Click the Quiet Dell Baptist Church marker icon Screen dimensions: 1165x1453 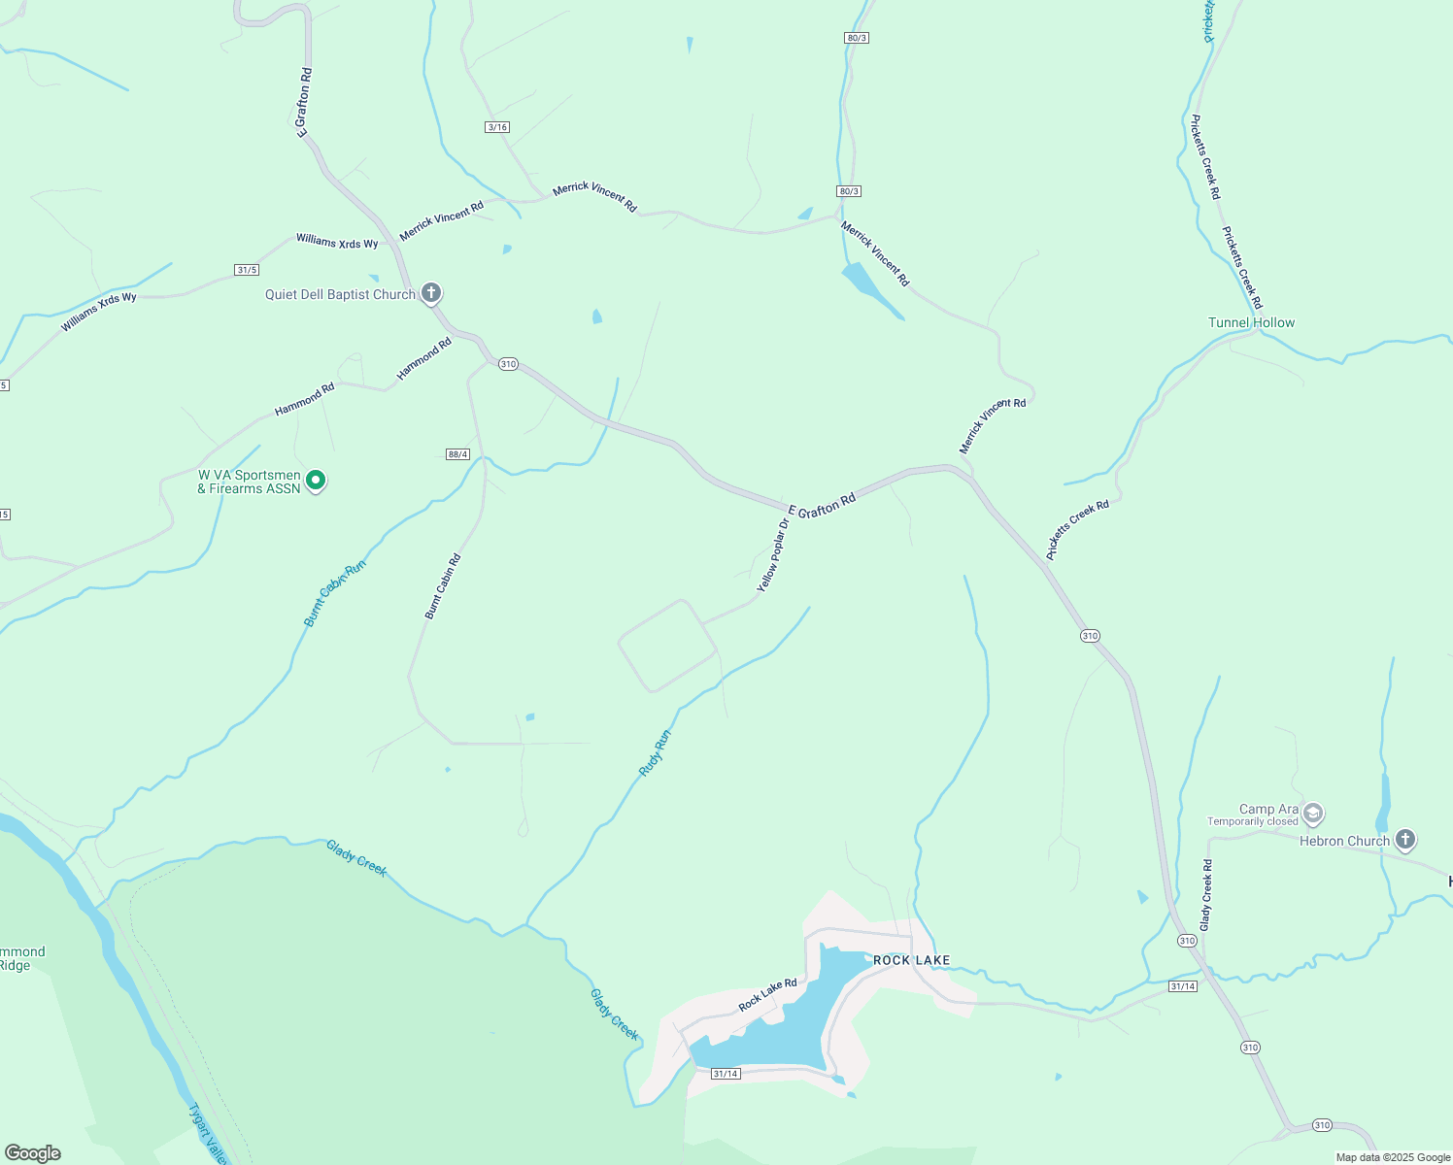click(x=431, y=292)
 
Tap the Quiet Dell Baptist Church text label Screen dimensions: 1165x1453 click(x=340, y=294)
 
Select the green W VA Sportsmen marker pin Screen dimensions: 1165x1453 click(x=315, y=480)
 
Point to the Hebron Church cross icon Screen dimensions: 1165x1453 click(x=1404, y=839)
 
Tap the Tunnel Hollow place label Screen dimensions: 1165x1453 click(x=1251, y=322)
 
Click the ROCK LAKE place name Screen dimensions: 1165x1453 click(x=911, y=960)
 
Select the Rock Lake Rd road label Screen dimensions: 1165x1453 click(x=767, y=995)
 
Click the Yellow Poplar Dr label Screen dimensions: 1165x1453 click(x=773, y=555)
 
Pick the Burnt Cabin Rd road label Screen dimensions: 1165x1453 click(x=443, y=586)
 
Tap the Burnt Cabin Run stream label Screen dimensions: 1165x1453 click(x=335, y=592)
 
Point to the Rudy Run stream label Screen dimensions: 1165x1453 click(x=655, y=752)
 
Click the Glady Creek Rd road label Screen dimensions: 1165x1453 click(x=1206, y=895)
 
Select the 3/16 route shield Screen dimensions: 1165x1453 click(x=497, y=127)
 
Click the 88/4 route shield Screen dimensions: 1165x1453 click(x=458, y=454)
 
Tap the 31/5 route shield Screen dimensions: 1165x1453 click(x=247, y=270)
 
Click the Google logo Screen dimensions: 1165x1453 click(x=33, y=1153)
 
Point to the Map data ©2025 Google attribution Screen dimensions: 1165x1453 click(x=1393, y=1157)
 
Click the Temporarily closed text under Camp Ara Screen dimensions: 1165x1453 click(x=1252, y=821)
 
